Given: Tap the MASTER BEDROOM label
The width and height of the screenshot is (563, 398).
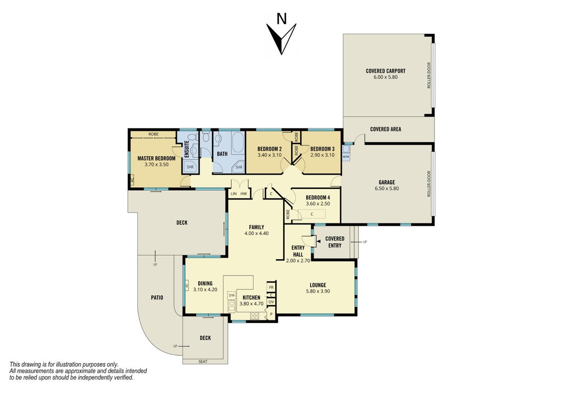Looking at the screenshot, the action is coord(156,158).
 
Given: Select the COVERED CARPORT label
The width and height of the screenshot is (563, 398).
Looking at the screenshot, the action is coord(386,71).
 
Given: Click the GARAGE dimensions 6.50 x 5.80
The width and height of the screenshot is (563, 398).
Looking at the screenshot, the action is coord(387,189).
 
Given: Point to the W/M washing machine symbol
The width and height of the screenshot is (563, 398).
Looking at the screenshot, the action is coord(346,153).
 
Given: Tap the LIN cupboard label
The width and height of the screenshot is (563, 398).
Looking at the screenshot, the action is coord(234,194).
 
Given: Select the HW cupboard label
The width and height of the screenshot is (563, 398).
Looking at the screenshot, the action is coord(244,194).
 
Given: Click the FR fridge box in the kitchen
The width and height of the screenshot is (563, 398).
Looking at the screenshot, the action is coord(271,288).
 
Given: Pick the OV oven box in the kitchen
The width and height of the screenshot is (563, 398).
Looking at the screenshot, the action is coord(271,302).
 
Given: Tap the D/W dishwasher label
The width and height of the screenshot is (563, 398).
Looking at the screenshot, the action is coord(231,296).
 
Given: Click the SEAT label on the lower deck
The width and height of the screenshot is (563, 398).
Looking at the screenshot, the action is coord(203,361).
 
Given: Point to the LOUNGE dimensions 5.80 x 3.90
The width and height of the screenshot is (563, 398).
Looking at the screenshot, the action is coord(318,292).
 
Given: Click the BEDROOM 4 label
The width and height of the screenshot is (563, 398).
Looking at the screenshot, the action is coord(318,198).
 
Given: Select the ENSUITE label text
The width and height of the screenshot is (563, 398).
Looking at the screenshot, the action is coord(187,149).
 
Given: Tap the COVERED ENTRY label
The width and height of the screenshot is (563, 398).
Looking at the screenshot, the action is coord(335,242).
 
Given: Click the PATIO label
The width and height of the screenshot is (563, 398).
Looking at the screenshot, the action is coord(157,298).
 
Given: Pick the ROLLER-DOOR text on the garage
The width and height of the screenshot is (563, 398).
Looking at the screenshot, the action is coord(429,184).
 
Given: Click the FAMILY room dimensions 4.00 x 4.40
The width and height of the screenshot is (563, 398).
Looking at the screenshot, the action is coord(256,233).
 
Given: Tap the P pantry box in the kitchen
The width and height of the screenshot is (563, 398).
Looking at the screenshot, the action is coord(271,314).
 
